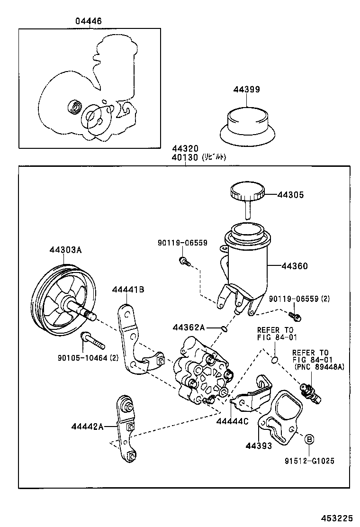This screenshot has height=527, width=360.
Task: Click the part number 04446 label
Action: pos(88,21)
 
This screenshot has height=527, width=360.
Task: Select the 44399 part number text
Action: pos(246,90)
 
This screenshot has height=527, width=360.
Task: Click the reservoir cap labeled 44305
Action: pos(246,193)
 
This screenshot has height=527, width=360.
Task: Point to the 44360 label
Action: pos(295,266)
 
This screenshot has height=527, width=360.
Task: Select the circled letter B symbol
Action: pos(308,439)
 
